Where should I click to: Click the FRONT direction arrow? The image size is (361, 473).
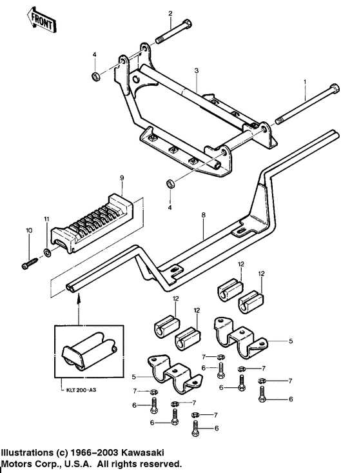click(x=42, y=20)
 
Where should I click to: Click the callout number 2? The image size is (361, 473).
click(x=170, y=14)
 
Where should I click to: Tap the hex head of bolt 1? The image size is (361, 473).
click(x=334, y=88)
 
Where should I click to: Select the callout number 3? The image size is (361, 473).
click(x=197, y=71)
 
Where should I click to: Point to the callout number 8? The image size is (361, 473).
click(x=204, y=215)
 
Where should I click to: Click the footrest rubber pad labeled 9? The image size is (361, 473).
click(x=92, y=224)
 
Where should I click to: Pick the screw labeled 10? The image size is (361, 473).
click(x=30, y=263)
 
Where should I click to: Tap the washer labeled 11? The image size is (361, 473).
click(x=47, y=252)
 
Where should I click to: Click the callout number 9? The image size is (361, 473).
click(x=122, y=178)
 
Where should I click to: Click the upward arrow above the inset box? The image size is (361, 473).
click(x=79, y=308)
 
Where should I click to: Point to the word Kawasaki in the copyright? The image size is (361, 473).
click(x=143, y=452)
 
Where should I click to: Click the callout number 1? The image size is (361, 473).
click(x=305, y=81)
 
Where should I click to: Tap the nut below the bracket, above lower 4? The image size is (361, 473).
click(x=170, y=183)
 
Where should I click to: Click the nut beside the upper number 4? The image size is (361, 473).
click(x=95, y=76)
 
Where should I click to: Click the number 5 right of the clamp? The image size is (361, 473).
click(x=291, y=341)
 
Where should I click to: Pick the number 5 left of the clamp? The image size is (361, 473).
click(x=134, y=376)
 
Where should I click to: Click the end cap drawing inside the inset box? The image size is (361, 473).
click(x=88, y=352)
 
